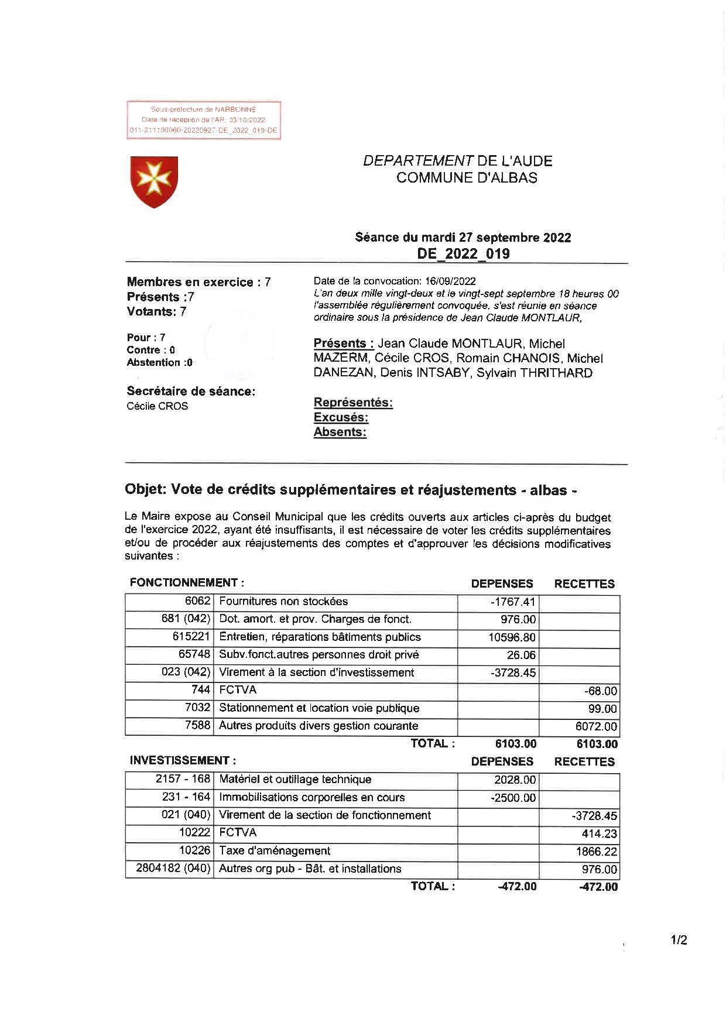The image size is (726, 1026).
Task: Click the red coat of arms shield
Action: (x=154, y=181)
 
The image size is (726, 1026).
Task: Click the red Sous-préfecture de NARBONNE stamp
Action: (x=204, y=120)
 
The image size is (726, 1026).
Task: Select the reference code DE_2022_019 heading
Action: (x=463, y=254)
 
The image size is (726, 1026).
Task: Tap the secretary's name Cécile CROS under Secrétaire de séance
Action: (x=157, y=406)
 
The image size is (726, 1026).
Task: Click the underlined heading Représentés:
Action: (x=353, y=403)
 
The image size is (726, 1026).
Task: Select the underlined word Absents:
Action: (x=340, y=433)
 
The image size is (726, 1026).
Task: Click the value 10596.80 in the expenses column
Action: (x=512, y=637)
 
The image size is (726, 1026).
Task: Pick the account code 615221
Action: (x=191, y=637)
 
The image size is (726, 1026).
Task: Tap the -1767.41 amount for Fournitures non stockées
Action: (x=513, y=602)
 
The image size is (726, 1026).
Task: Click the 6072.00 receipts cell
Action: (x=596, y=726)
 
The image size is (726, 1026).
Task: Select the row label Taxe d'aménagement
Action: (x=274, y=851)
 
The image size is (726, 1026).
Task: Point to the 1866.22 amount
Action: (x=596, y=852)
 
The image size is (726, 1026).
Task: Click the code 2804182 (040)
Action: (x=173, y=869)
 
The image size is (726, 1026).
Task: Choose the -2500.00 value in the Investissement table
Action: (x=513, y=798)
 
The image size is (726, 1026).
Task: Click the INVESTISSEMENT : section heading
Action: (x=183, y=761)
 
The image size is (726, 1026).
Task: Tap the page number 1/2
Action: (x=679, y=941)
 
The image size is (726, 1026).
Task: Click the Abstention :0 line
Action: (x=159, y=363)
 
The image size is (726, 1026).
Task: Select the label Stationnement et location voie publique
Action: (x=319, y=708)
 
